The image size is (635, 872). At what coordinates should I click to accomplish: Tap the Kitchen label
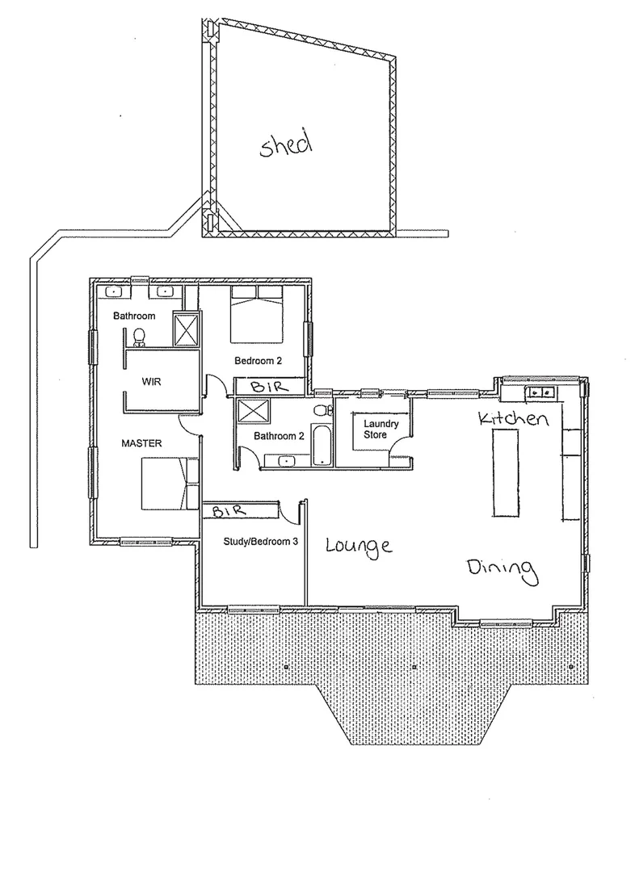(514, 419)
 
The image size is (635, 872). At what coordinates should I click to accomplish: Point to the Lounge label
(359, 546)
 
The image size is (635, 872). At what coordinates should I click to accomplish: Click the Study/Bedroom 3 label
(253, 543)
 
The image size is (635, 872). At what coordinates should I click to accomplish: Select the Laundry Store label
(376, 429)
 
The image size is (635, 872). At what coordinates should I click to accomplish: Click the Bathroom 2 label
(279, 436)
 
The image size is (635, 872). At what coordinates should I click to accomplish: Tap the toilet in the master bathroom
(140, 335)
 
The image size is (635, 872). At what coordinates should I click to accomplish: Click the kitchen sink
(539, 392)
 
